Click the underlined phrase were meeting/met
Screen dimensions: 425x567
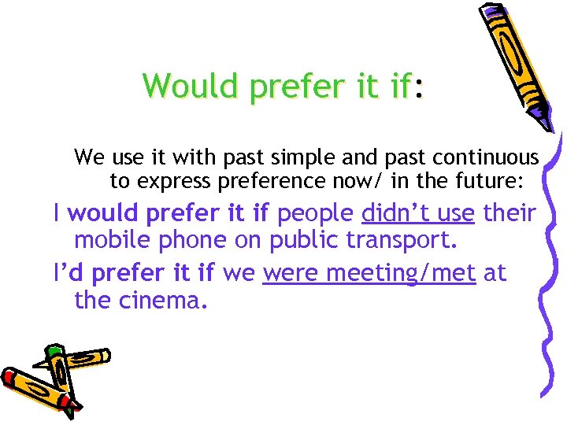[369, 273]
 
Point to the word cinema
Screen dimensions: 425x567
[165, 299]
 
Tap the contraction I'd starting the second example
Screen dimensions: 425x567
[69, 273]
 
